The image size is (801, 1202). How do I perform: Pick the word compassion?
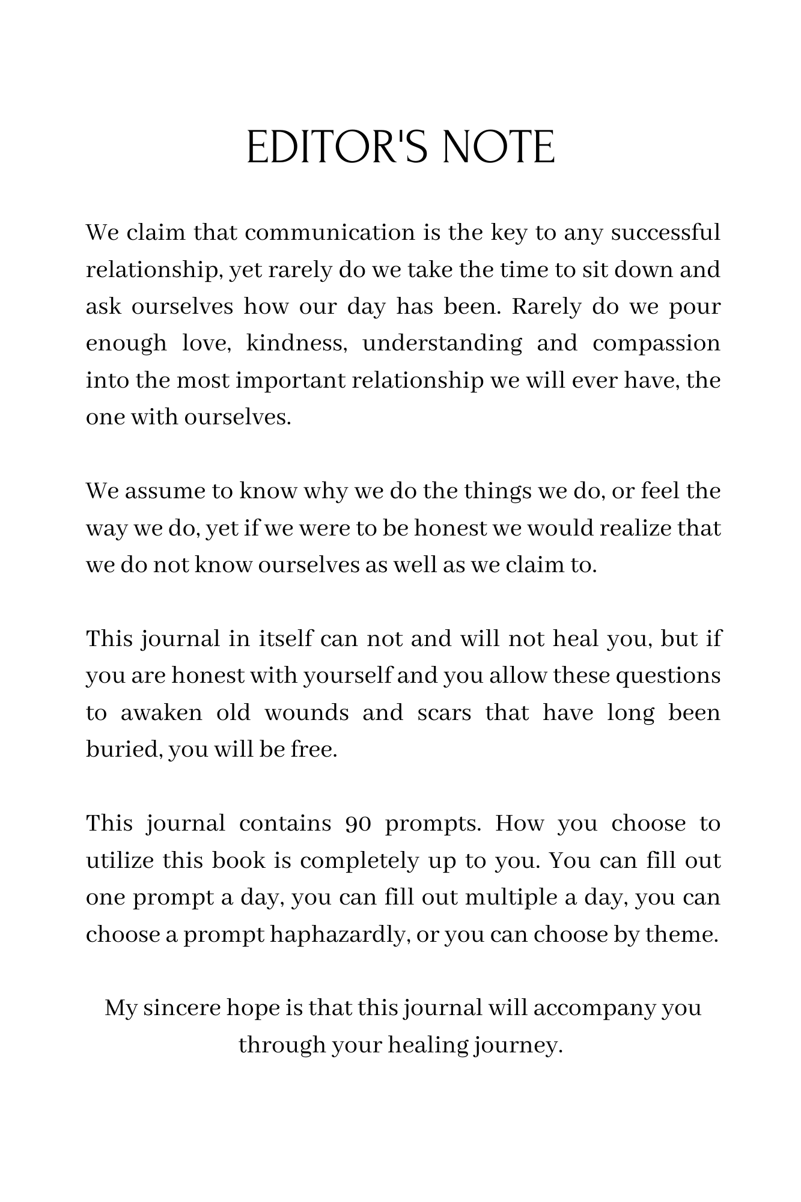656,343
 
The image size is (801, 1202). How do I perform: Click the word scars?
444,713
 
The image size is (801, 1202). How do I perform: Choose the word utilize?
120,861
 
